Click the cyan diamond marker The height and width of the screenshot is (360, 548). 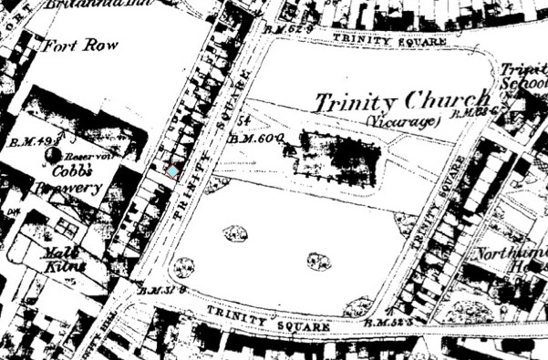click(172, 171)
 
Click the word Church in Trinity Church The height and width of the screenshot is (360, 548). click(430, 102)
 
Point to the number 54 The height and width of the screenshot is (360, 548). click(243, 121)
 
